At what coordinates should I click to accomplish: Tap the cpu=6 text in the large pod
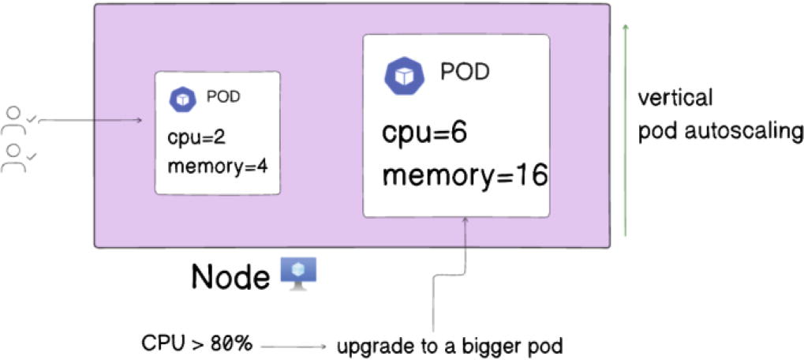(425, 133)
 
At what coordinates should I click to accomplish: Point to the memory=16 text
(464, 174)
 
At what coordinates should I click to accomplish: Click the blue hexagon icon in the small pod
(183, 99)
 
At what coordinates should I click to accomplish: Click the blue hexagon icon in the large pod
(403, 75)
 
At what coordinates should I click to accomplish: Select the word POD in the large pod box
(465, 73)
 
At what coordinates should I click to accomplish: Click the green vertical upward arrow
(625, 130)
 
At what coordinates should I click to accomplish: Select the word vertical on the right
(676, 99)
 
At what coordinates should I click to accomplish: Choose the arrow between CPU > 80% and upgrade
(294, 346)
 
